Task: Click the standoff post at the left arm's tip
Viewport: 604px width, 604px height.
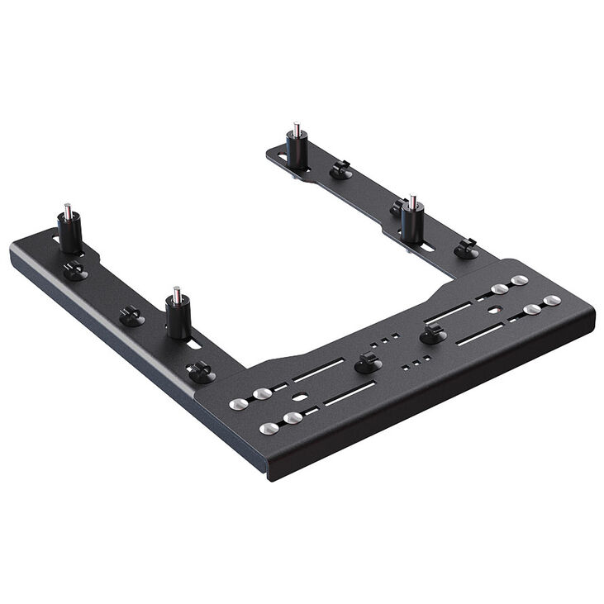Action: coord(69,231)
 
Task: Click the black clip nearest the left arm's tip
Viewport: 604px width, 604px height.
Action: coord(75,269)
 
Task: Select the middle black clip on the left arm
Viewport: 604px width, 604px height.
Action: coord(131,315)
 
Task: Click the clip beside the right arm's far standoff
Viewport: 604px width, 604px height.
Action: coord(339,170)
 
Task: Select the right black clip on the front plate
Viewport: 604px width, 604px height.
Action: coord(430,334)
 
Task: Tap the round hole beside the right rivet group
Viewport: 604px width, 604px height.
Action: coord(493,311)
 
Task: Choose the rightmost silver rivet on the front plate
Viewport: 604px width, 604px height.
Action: coord(553,300)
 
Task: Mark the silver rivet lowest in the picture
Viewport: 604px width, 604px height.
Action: coord(266,428)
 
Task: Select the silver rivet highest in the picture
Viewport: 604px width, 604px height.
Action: coord(519,281)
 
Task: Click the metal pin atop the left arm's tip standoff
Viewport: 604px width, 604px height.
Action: coord(65,208)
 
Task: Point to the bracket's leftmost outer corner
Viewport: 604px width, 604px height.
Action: coord(12,250)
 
